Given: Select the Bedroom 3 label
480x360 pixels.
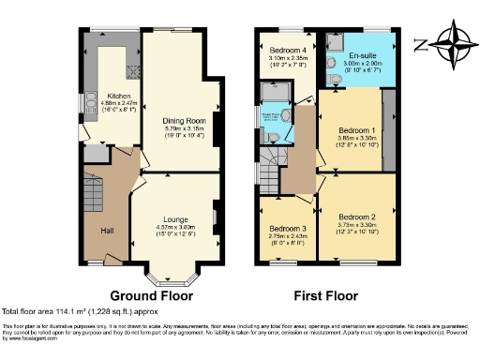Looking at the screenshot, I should pyautogui.click(x=287, y=229).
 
